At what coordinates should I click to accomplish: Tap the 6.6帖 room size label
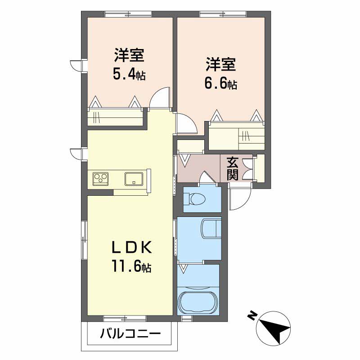coord(220,84)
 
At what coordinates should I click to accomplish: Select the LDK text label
coord(131,247)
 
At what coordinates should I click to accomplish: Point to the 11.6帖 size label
coord(131,266)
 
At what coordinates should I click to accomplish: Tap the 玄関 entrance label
coord(232,169)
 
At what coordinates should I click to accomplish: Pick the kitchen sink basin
coord(134,179)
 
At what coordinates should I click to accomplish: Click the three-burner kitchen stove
coord(100,179)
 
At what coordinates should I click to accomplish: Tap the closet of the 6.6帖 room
coord(237,136)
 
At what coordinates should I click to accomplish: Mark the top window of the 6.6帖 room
coord(223,14)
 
